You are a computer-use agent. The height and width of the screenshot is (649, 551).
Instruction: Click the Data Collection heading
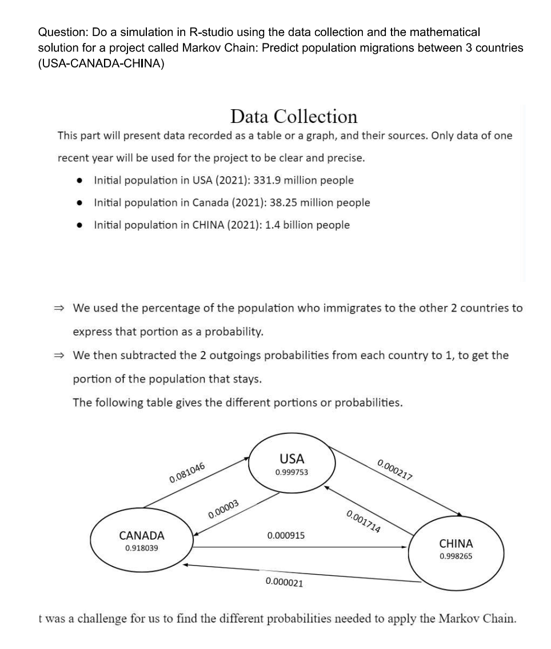(294, 117)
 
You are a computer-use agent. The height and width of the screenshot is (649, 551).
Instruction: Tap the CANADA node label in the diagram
(141, 536)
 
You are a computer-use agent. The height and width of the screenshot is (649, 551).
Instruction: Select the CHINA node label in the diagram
(456, 543)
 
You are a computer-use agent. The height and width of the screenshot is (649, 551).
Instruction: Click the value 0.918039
(141, 548)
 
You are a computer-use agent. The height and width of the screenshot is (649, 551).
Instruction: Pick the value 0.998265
(456, 556)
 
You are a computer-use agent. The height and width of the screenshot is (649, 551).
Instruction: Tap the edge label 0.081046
(187, 471)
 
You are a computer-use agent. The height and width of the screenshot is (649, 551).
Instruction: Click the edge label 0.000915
(286, 536)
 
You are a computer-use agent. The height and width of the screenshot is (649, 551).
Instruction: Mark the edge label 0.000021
(285, 583)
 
